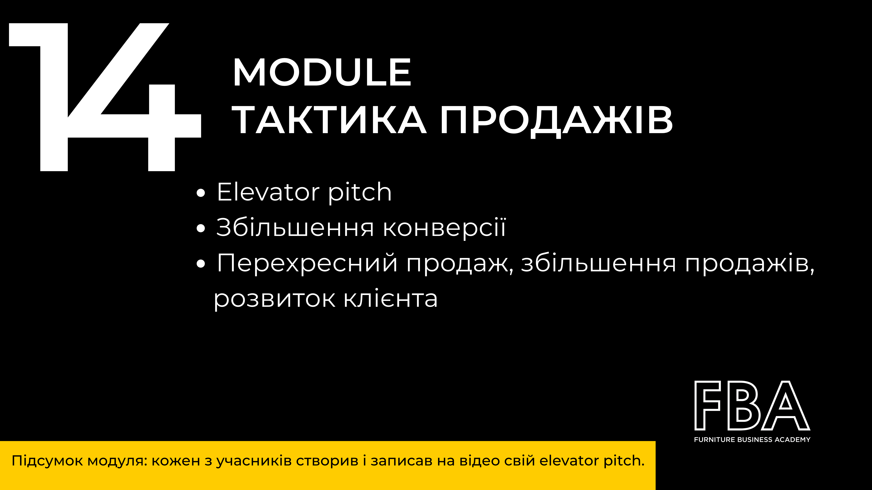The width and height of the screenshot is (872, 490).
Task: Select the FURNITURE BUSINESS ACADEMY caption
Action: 752,440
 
